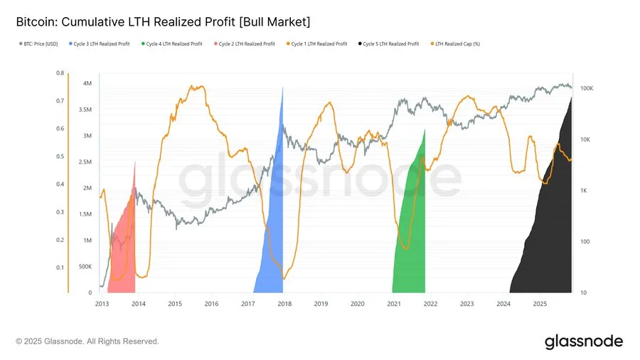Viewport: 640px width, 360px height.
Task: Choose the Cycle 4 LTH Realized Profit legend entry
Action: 173,44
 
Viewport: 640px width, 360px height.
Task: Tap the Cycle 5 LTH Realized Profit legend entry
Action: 390,44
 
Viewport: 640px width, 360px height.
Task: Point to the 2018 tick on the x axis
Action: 284,304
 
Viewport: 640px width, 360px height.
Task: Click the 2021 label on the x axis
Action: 394,304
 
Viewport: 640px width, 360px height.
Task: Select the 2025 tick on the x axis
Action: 540,304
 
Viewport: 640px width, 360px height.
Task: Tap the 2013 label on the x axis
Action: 102,304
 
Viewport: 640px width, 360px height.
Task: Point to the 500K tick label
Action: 84,267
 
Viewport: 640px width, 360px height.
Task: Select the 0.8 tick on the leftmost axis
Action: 60,73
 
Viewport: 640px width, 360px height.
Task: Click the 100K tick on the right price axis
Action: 587,88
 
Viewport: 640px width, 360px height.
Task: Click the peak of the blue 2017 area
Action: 282,88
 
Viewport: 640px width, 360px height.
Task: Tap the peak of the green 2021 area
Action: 425,130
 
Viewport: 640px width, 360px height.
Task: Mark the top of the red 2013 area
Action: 134,163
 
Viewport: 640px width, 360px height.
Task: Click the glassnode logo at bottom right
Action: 583,342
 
